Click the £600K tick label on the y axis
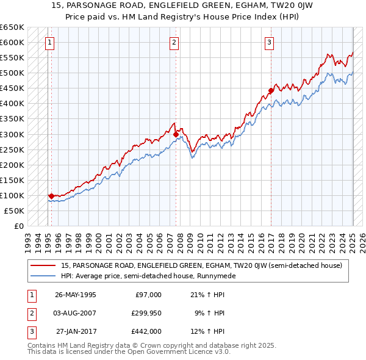pyautogui.click(x=12, y=43)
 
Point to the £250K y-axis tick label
pyautogui.click(x=12, y=149)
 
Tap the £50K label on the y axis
pyautogui.click(x=14, y=211)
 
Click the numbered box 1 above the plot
pyautogui.click(x=49, y=43)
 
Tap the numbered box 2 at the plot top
pyautogui.click(x=174, y=43)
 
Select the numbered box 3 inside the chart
pyautogui.click(x=269, y=43)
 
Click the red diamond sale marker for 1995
pyautogui.click(x=51, y=196)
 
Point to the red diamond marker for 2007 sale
pyautogui.click(x=176, y=134)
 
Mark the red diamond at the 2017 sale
pyautogui.click(x=270, y=91)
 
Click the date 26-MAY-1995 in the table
pyautogui.click(x=76, y=295)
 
